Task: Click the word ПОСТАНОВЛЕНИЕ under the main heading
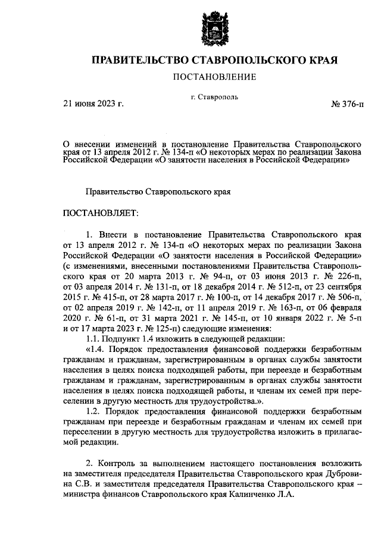pyautogui.click(x=215, y=77)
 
